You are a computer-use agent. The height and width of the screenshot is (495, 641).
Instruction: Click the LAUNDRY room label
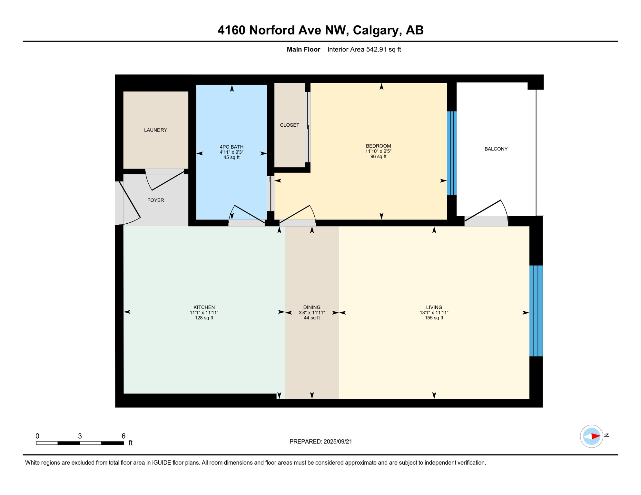coord(155,130)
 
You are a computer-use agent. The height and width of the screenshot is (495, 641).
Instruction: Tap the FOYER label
coord(155,200)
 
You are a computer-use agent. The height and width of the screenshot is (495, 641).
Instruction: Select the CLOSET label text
coord(290,125)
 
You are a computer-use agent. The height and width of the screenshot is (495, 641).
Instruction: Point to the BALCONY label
coord(496,149)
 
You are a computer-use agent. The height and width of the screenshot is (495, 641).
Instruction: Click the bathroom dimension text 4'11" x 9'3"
coord(232,152)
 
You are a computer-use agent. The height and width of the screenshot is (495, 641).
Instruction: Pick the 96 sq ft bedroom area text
coord(378,157)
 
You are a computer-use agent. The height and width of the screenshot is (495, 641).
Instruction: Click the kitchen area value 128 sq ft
coord(204,318)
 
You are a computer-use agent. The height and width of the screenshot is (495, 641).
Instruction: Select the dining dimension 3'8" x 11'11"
coord(312,313)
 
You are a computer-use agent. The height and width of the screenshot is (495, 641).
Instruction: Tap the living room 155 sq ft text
coord(434,318)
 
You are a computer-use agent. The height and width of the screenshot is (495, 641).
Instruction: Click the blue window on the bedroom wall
coord(452,153)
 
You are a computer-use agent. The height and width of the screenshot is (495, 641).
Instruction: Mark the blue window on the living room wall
coord(536,311)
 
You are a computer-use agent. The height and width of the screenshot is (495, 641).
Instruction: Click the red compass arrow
coord(596,436)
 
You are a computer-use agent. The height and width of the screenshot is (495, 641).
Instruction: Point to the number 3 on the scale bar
coord(80,436)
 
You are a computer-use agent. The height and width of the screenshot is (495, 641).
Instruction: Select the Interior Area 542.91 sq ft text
coord(364,49)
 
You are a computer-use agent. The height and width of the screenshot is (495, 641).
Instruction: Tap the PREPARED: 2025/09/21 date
coord(320,442)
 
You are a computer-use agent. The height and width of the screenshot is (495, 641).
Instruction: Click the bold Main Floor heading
coord(303,49)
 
